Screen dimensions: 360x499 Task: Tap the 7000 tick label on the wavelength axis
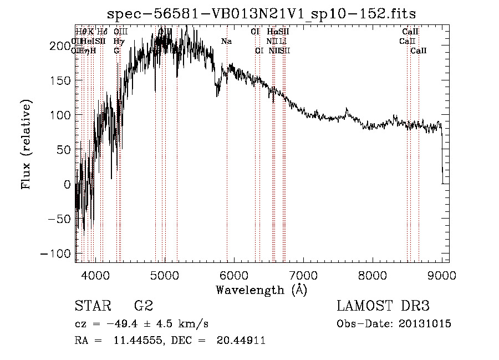(x=303, y=274)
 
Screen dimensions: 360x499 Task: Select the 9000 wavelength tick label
(x=441, y=274)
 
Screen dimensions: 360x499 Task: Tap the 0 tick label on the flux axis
(x=68, y=184)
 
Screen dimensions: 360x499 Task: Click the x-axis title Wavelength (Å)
(x=261, y=289)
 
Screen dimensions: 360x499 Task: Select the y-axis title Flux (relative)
(x=27, y=144)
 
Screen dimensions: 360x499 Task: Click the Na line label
(x=226, y=42)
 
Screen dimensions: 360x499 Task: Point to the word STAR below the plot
(x=93, y=306)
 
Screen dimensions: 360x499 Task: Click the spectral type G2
(x=144, y=306)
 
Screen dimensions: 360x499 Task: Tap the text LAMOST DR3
(x=383, y=306)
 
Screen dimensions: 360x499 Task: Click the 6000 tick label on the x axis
(x=233, y=274)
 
